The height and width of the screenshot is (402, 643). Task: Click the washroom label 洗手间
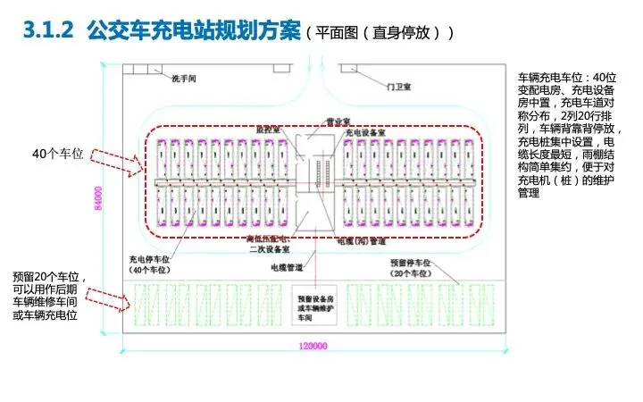click(184, 79)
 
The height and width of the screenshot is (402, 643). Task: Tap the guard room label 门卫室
click(392, 87)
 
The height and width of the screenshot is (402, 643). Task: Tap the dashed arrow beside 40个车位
click(113, 161)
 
